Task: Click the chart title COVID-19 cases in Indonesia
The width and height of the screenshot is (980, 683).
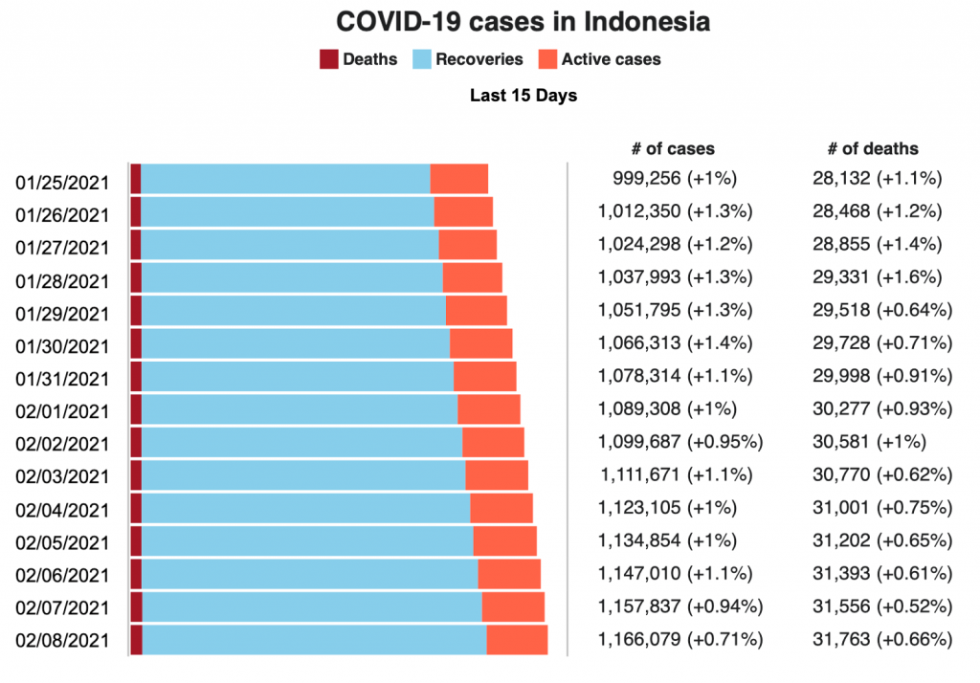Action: click(x=523, y=22)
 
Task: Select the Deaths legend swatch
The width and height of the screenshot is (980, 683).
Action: click(x=328, y=59)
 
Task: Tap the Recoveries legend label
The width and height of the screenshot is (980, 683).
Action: click(x=479, y=59)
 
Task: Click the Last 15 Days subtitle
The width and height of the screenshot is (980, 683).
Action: click(x=523, y=96)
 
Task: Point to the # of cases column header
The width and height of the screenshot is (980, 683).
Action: click(x=672, y=148)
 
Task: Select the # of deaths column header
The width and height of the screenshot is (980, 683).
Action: click(x=872, y=148)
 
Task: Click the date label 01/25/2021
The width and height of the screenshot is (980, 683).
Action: click(x=62, y=183)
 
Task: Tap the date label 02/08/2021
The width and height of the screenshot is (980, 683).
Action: click(x=62, y=640)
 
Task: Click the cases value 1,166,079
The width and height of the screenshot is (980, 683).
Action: click(x=639, y=638)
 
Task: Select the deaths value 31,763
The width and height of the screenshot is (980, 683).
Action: click(x=840, y=638)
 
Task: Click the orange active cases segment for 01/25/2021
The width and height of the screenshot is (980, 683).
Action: click(x=458, y=179)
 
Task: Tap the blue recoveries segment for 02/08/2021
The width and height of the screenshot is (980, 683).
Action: click(x=314, y=639)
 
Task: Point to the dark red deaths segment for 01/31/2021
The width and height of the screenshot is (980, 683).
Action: click(x=136, y=376)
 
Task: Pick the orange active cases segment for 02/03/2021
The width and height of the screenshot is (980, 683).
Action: click(x=496, y=475)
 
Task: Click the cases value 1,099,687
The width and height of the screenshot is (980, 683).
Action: click(x=639, y=441)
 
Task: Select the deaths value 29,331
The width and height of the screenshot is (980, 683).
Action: click(x=840, y=276)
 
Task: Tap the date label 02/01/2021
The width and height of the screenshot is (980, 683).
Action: click(x=62, y=411)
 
